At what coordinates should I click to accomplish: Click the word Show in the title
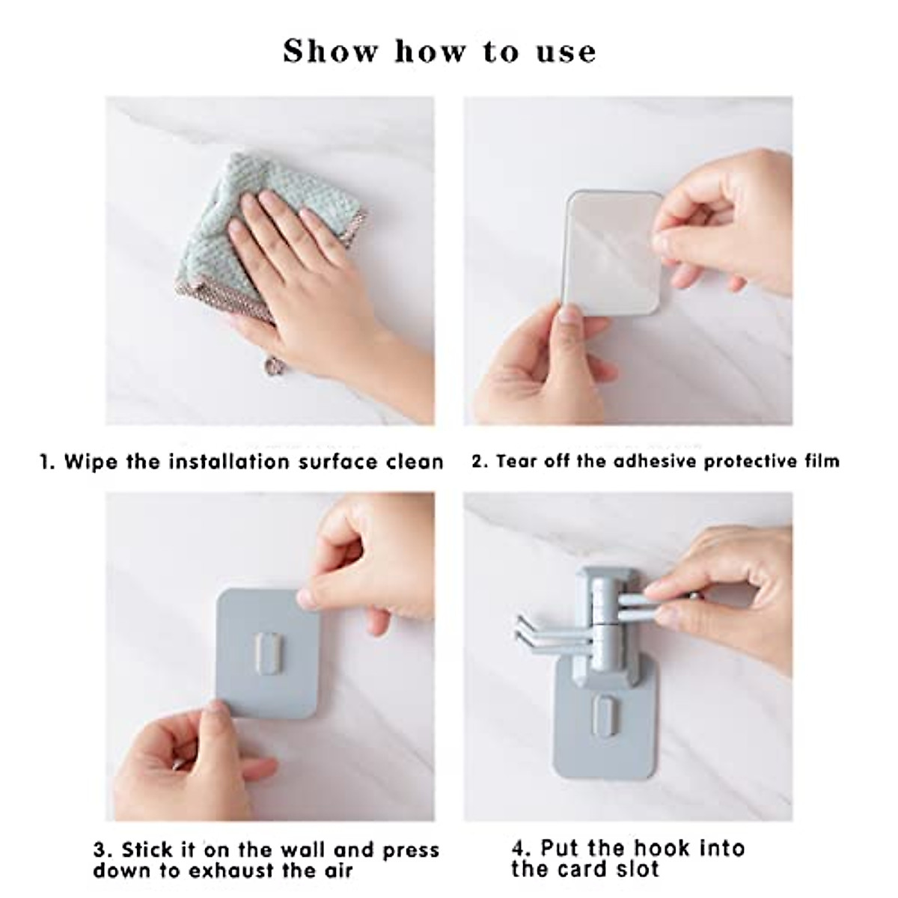(331, 51)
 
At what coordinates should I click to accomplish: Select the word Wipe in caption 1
(91, 462)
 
